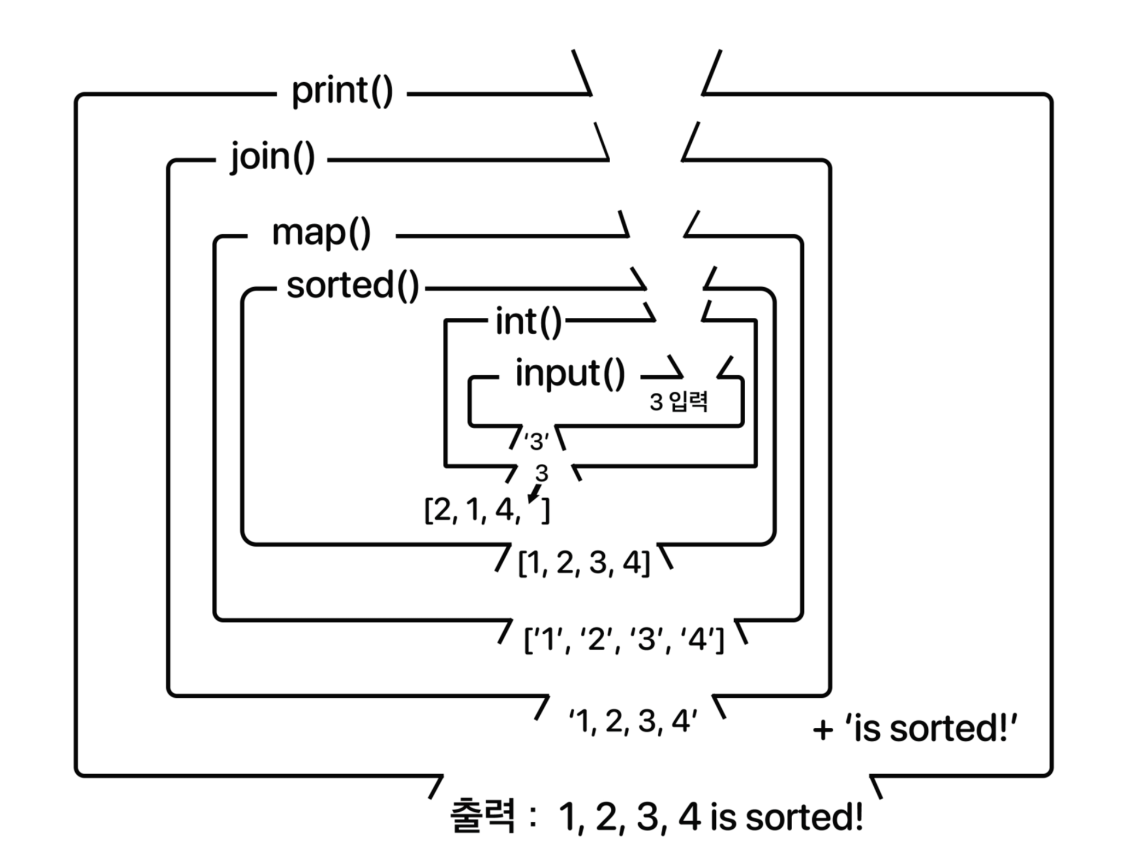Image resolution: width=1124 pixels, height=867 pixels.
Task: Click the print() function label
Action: point(342,92)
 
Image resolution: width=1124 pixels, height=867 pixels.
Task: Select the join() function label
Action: point(272,158)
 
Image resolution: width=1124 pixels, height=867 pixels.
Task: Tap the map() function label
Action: point(321,233)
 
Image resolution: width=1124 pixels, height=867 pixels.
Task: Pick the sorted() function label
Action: point(352,286)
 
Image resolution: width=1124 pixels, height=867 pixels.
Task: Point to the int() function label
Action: point(528,322)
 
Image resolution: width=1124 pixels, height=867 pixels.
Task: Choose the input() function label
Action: point(570,374)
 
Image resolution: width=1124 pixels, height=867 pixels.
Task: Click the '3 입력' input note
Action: point(678,402)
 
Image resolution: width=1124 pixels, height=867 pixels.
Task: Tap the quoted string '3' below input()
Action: point(536,441)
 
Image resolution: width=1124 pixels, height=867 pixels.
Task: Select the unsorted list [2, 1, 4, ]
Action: point(487,510)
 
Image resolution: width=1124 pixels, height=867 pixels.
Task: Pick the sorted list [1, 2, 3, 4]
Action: point(584,563)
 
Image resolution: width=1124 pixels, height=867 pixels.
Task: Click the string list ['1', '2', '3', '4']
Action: point(624,639)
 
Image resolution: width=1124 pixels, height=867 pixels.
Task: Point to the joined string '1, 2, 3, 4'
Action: point(632,721)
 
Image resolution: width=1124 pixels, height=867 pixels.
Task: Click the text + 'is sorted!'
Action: point(914,729)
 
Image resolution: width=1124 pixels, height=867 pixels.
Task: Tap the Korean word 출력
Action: point(482,816)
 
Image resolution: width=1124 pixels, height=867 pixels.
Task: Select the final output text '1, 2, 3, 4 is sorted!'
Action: point(711,816)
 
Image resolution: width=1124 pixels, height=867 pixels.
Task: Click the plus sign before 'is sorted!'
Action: point(823,730)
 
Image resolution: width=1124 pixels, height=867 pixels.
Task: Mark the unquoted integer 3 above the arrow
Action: point(541,473)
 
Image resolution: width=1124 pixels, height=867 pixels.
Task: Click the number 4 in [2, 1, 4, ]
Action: point(504,510)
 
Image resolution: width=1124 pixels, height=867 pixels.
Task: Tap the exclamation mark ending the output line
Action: point(858,816)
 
